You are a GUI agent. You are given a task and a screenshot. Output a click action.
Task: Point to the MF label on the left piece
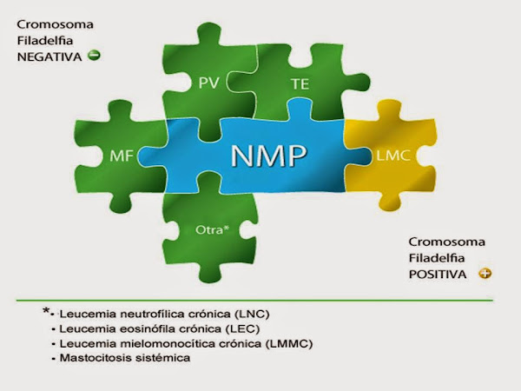coord(122,156)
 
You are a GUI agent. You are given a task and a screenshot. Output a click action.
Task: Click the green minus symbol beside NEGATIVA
coord(95,56)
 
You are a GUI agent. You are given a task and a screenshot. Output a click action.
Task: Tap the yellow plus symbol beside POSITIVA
coord(485,273)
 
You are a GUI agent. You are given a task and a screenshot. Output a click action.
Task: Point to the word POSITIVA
coord(439,273)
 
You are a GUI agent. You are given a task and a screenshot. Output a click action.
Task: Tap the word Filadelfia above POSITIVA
coord(437,257)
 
